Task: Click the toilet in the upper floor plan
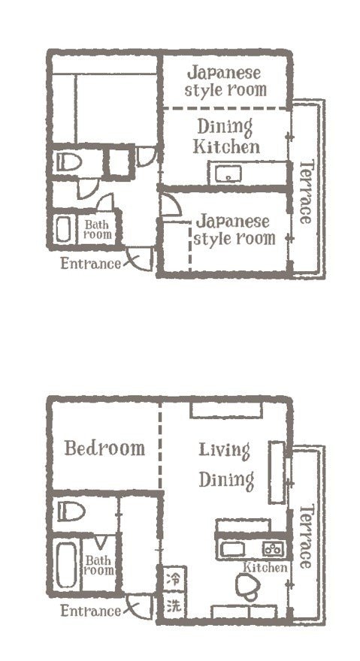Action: (x=68, y=161)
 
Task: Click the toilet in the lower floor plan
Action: (x=71, y=512)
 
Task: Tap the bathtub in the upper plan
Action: (x=63, y=229)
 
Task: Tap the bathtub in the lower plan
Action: (x=67, y=564)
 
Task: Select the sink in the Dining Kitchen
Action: (x=228, y=174)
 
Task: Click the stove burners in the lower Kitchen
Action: (x=274, y=548)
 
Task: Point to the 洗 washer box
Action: (x=174, y=605)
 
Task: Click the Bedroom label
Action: (x=104, y=448)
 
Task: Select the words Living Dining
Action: (x=225, y=466)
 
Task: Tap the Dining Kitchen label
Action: (x=226, y=137)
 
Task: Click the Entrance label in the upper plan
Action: (x=90, y=264)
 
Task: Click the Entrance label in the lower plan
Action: (x=90, y=611)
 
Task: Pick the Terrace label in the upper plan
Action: (x=306, y=192)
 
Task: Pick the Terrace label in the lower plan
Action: (x=306, y=536)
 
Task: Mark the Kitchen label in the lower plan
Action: (x=265, y=567)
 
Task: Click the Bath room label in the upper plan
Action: (x=98, y=229)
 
